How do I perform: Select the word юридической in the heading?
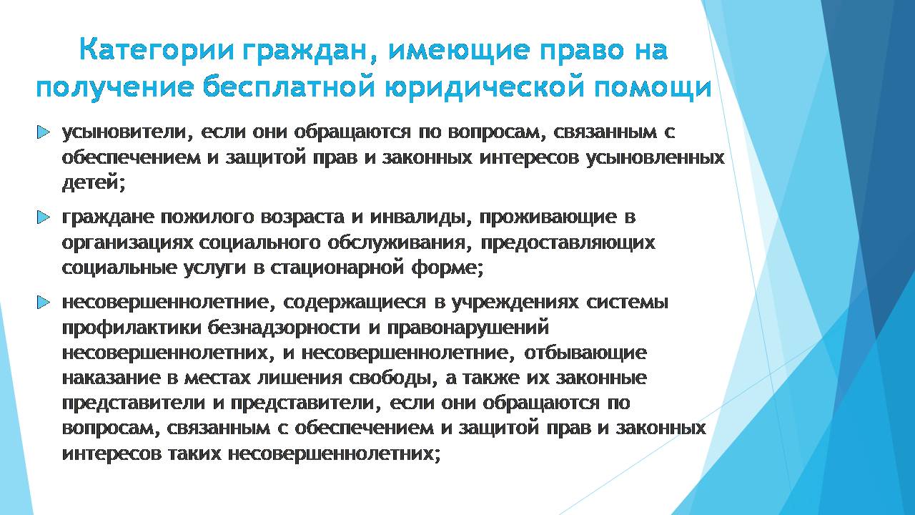(x=484, y=87)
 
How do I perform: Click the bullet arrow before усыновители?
(x=43, y=132)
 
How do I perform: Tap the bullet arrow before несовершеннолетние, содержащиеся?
(x=43, y=303)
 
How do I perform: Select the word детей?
(x=93, y=182)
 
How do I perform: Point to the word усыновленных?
(x=656, y=158)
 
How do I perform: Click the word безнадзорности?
(x=284, y=328)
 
